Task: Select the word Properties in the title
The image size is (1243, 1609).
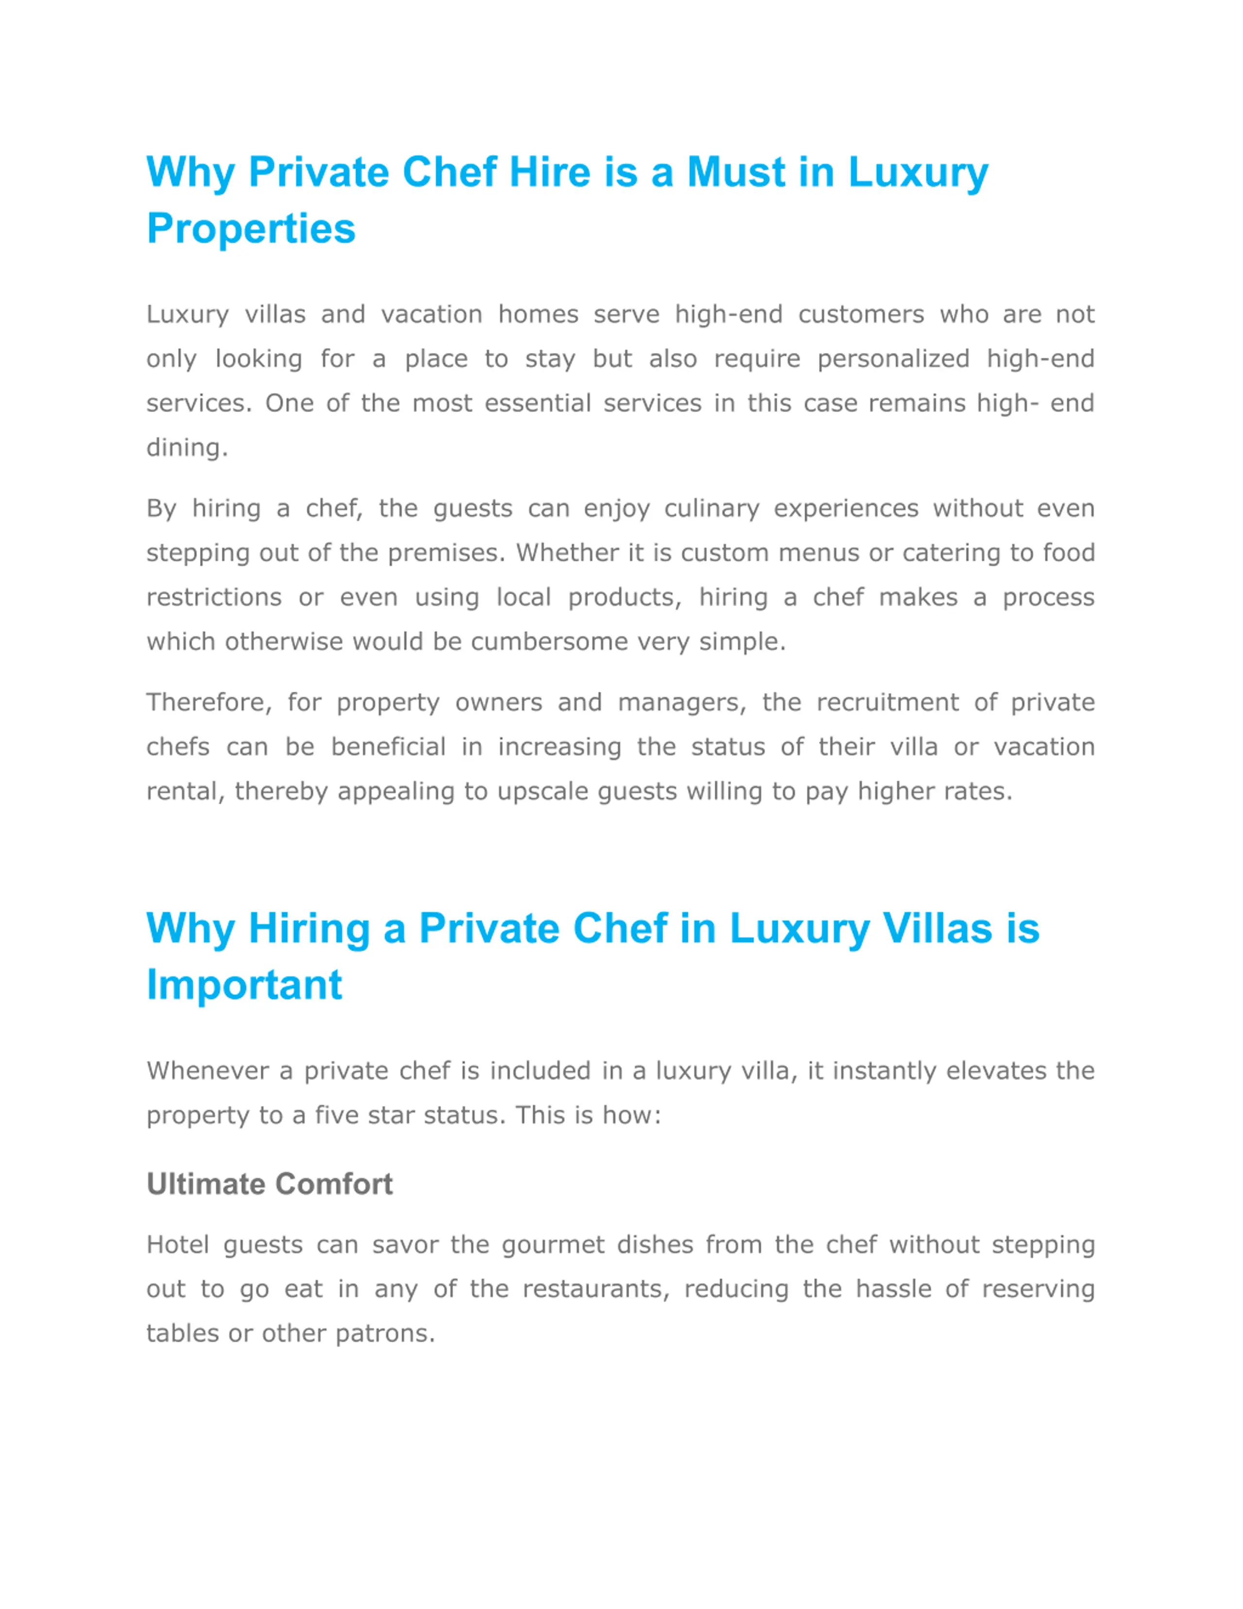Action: pyautogui.click(x=251, y=228)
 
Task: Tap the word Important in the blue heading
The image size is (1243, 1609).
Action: pyautogui.click(x=245, y=984)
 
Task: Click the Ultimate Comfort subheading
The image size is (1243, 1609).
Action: pyautogui.click(x=269, y=1185)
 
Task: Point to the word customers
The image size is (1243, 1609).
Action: pyautogui.click(x=861, y=315)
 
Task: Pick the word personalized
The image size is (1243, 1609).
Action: pyautogui.click(x=893, y=359)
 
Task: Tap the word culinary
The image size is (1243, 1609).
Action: pyautogui.click(x=711, y=509)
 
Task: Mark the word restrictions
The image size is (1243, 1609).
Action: pyautogui.click(x=214, y=597)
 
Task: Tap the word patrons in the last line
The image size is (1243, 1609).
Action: pyautogui.click(x=385, y=1334)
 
